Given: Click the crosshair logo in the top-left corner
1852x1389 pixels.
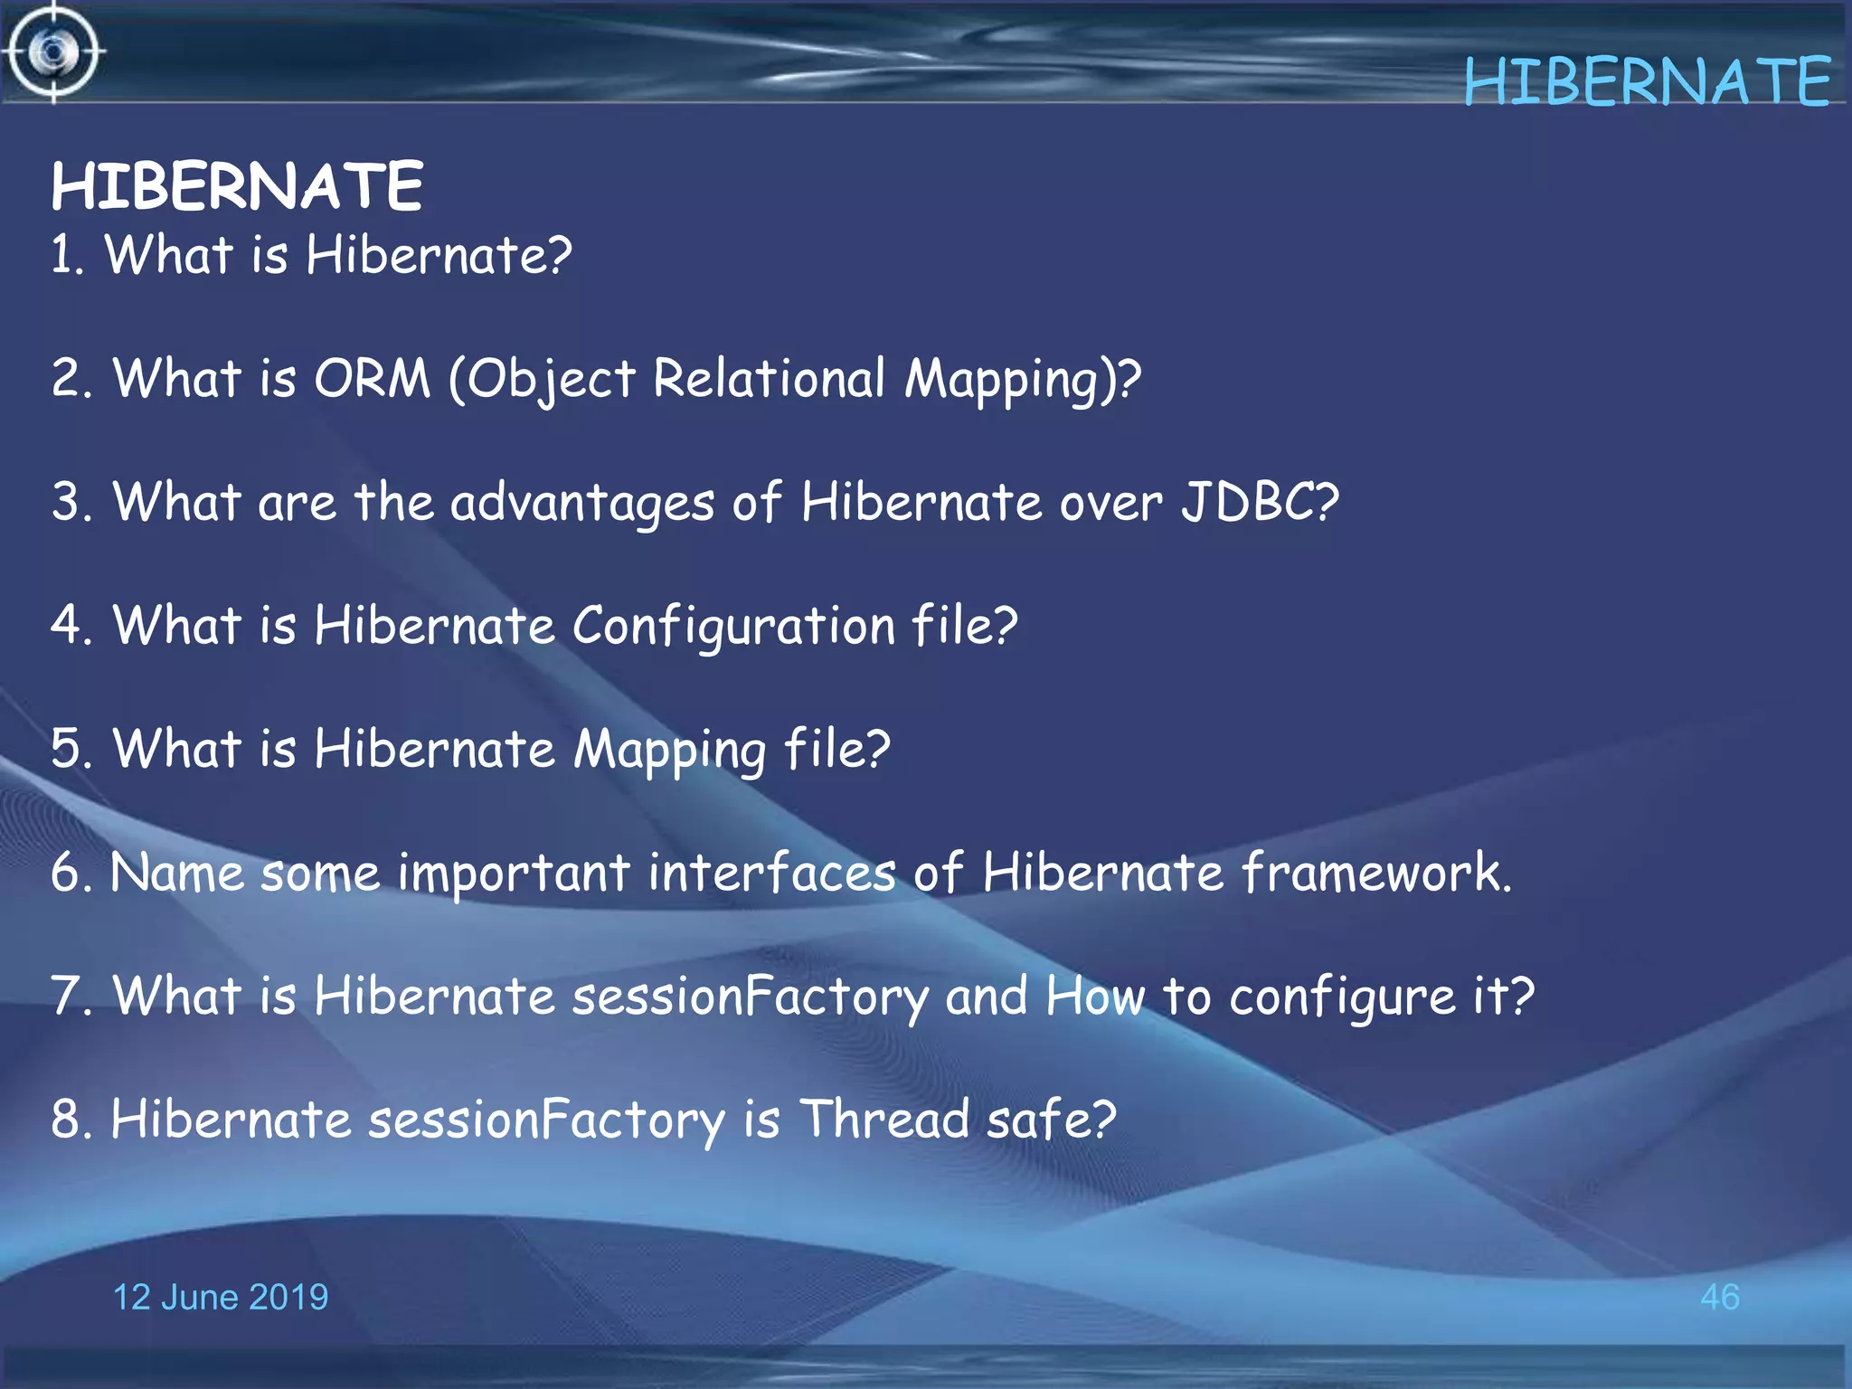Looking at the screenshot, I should [53, 52].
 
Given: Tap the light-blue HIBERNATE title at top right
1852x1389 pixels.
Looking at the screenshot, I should [1647, 82].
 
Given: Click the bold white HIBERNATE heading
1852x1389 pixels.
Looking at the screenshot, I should [237, 187].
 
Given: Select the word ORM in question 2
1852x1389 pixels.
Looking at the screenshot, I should [372, 378].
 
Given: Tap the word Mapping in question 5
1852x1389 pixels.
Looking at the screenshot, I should [670, 751].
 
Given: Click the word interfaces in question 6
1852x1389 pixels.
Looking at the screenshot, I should [771, 873].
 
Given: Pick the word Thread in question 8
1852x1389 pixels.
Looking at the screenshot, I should [883, 1120].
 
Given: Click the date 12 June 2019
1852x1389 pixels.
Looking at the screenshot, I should [220, 1297].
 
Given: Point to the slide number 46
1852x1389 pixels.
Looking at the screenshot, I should [1719, 1297].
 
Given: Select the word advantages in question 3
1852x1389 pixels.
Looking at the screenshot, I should [582, 503].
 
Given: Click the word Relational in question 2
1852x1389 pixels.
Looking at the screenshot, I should [769, 378].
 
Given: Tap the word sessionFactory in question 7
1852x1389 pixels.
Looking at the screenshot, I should [750, 997].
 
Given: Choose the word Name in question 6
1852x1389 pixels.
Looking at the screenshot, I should [177, 873].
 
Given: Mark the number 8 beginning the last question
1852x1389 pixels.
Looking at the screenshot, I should [66, 1120].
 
